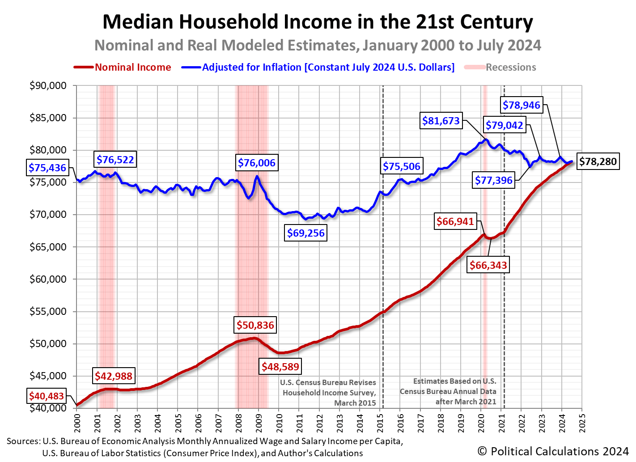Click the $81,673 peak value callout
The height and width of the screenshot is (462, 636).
441,121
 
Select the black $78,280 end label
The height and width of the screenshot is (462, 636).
598,161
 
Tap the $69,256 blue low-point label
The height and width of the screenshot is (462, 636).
306,233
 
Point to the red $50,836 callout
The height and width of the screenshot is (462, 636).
255,325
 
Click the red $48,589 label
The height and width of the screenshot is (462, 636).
280,367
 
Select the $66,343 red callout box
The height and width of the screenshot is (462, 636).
488,265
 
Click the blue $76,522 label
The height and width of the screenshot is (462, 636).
115,160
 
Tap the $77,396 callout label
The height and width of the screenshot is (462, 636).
493,181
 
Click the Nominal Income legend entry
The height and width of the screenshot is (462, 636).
132,68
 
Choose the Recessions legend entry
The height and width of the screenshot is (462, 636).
510,68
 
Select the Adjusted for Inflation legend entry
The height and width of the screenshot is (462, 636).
328,68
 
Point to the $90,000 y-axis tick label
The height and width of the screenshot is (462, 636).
48,86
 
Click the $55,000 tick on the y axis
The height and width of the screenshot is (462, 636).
48,312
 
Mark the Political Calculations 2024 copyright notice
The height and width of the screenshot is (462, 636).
553,451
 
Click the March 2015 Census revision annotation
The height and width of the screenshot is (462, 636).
329,393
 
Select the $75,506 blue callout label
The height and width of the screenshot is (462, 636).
401,166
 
